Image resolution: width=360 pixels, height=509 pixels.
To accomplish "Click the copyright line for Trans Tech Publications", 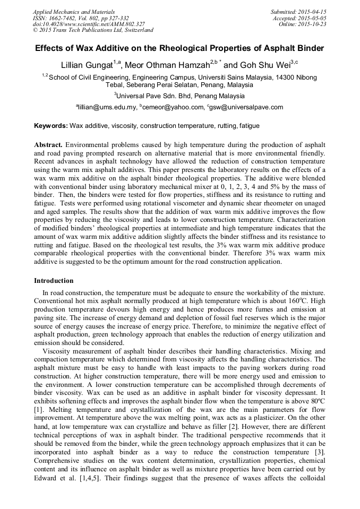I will (93, 30).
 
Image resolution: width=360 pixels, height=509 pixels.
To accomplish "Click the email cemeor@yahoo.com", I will (173, 107).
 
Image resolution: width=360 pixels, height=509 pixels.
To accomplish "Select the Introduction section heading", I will (54, 280).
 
